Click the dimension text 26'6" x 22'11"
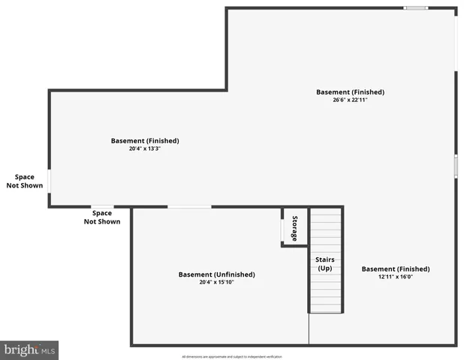click(350, 100)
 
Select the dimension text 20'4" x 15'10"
click(216, 282)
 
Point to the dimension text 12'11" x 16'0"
click(396, 277)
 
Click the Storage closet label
click(294, 229)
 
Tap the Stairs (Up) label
click(325, 264)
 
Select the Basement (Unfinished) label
click(216, 274)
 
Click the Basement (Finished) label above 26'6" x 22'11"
click(350, 92)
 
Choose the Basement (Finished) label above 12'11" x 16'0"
click(396, 268)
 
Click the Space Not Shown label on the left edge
click(25, 181)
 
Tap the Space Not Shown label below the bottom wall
click(102, 217)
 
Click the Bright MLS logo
click(29, 350)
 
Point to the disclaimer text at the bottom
click(231, 356)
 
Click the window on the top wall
click(415, 8)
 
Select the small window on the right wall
click(456, 166)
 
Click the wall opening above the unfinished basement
click(189, 206)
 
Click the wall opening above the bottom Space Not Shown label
click(103, 206)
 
